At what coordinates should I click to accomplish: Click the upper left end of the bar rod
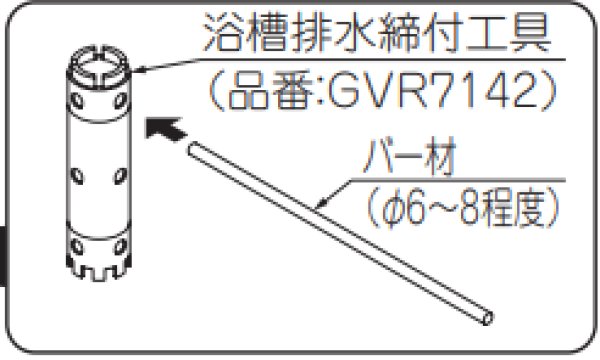pyautogui.click(x=191, y=149)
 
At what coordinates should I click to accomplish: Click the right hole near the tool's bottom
pyautogui.click(x=118, y=243)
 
